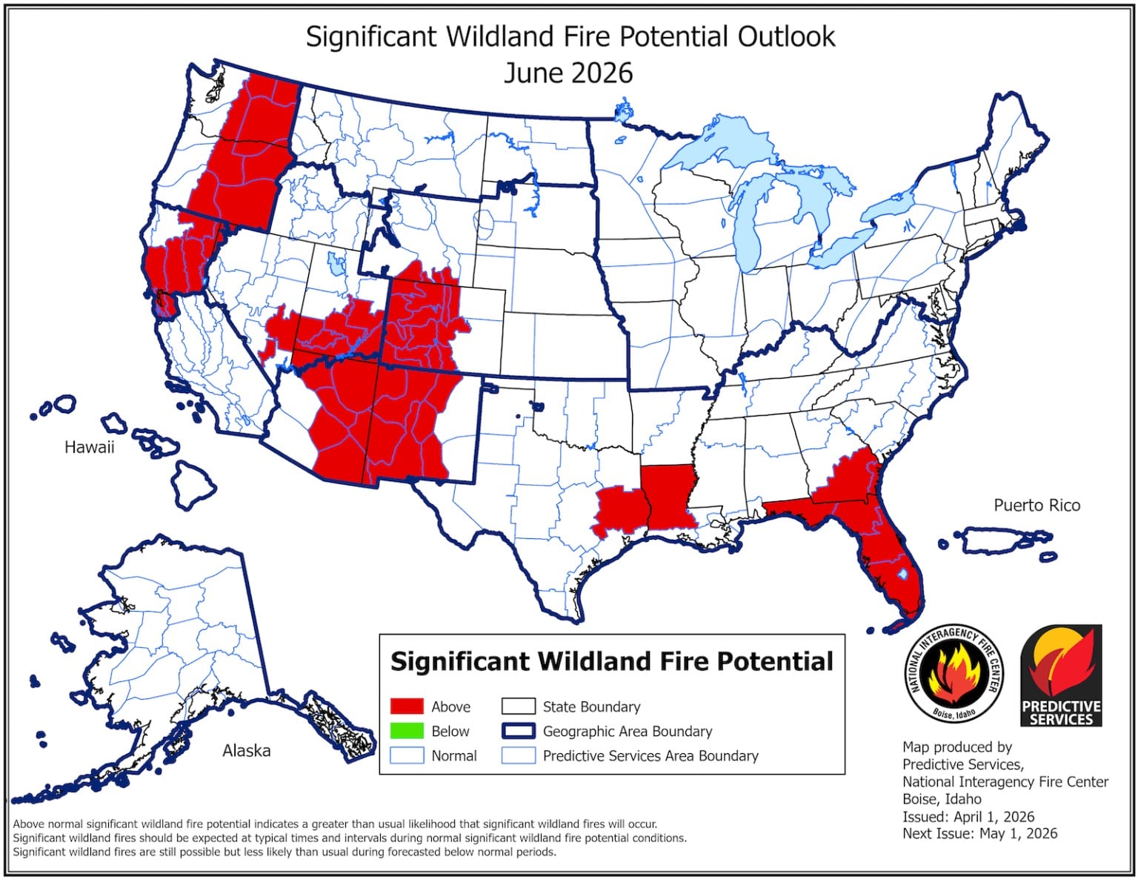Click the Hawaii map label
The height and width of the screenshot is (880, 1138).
[89, 447]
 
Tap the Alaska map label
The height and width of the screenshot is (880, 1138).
[246, 750]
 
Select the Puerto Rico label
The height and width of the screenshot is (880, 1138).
[1036, 505]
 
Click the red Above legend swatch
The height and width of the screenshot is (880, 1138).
[407, 707]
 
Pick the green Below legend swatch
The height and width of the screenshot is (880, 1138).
[407, 731]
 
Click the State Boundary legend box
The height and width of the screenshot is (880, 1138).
[518, 707]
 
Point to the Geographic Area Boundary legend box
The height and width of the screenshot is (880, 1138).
[518, 731]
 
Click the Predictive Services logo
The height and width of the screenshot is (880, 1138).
[1061, 676]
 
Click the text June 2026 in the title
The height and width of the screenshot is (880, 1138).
[568, 73]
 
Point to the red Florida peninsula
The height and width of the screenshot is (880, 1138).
[893, 563]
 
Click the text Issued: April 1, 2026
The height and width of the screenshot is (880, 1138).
[968, 816]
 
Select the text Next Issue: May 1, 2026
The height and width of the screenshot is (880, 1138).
[979, 833]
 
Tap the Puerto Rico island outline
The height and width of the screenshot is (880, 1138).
[1004, 540]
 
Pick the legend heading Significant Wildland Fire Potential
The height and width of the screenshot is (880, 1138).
[611, 661]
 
